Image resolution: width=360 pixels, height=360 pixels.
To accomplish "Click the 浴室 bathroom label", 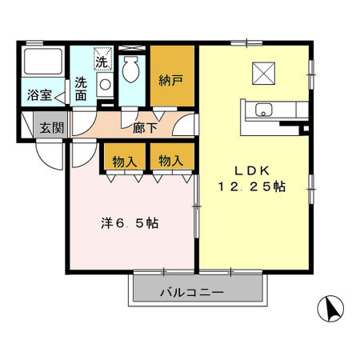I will tap(40, 94).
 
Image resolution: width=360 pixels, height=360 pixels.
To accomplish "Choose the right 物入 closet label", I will tap(170, 161).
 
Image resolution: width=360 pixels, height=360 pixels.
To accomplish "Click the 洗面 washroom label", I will tap(82, 88).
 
